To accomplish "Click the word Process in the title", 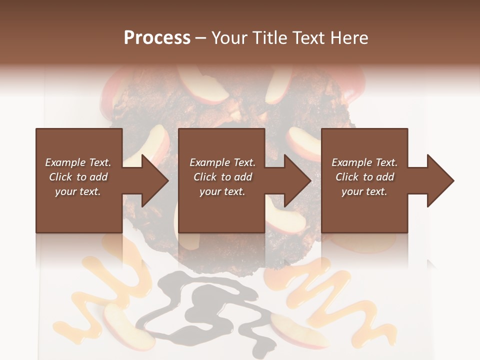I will [157, 38].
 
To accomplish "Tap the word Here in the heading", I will [349, 38].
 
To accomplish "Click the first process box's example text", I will [78, 177].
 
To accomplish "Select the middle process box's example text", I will [222, 177].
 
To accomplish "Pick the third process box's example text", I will [364, 177].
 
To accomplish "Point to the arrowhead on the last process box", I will [439, 180].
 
